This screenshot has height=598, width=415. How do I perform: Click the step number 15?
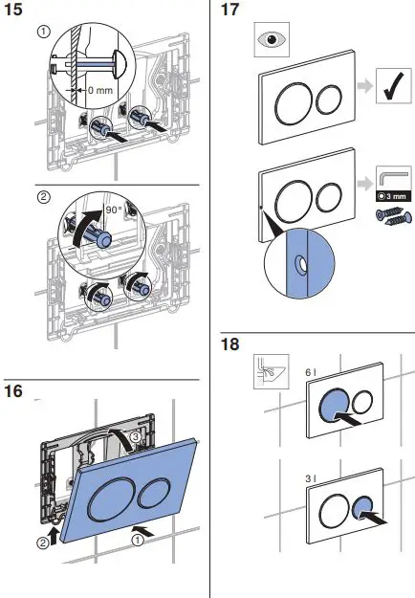pyautogui.click(x=13, y=10)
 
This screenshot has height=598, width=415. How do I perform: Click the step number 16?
pyautogui.click(x=13, y=391)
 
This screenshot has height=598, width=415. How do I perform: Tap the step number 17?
pyautogui.click(x=229, y=10)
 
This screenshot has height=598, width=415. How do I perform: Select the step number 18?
pyautogui.click(x=230, y=344)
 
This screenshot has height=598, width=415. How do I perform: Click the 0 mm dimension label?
pyautogui.click(x=100, y=90)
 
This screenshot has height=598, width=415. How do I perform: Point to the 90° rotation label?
pyautogui.click(x=114, y=210)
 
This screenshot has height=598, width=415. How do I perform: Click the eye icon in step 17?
pyautogui.click(x=272, y=39)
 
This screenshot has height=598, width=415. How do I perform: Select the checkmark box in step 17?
pyautogui.click(x=394, y=86)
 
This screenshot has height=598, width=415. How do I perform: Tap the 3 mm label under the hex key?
pyautogui.click(x=394, y=196)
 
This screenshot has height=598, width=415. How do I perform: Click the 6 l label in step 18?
pyautogui.click(x=311, y=372)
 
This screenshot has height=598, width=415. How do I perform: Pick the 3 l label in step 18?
pyautogui.click(x=311, y=478)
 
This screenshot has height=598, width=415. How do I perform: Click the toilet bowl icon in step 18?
pyautogui.click(x=272, y=371)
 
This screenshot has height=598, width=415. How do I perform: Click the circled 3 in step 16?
pyautogui.click(x=135, y=436)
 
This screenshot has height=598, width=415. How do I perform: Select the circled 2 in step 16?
pyautogui.click(x=43, y=543)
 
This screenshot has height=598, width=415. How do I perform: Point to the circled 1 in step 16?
pyautogui.click(x=138, y=540)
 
